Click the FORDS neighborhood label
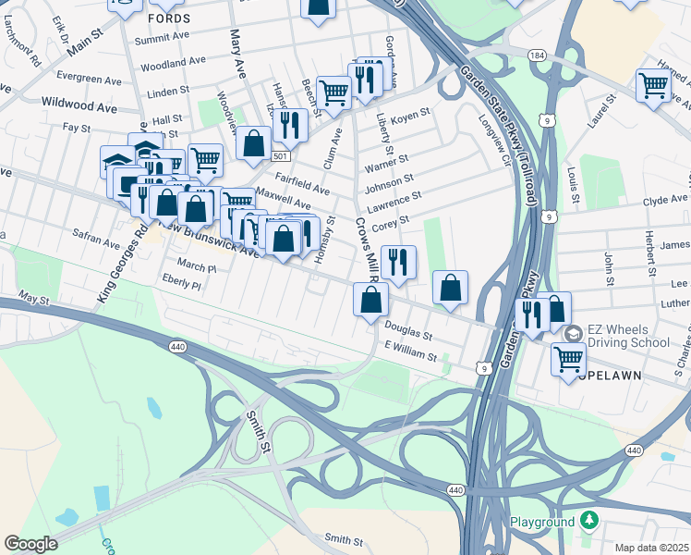(x=170, y=18)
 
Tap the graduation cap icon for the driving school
(x=573, y=333)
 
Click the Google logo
(x=30, y=544)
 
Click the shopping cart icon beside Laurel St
(x=653, y=86)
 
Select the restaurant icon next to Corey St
(x=398, y=261)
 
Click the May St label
(x=32, y=299)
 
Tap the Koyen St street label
(x=411, y=115)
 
